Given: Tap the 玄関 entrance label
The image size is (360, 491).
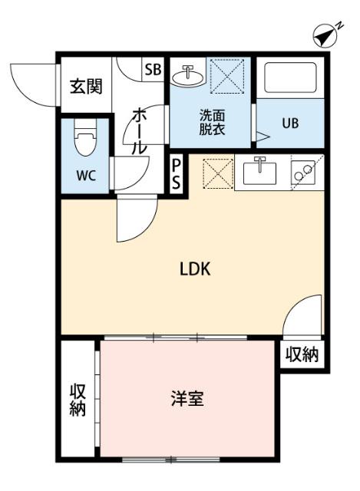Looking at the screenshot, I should tap(86, 87).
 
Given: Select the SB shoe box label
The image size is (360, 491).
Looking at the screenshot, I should tap(152, 69).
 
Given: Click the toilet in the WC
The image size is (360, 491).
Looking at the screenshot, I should tap(84, 141).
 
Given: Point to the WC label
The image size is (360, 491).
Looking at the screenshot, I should tap(85, 174).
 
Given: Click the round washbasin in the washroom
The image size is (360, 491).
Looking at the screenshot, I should tap(187, 75).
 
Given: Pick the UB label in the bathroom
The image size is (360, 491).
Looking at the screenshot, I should tap(289, 123).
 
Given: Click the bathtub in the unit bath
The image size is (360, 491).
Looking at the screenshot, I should tap(290, 79).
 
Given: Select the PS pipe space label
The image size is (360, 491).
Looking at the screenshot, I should tap(177, 174).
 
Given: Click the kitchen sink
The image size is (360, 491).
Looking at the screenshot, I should tap(261, 173).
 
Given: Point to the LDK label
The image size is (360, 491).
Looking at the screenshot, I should tap(195, 269).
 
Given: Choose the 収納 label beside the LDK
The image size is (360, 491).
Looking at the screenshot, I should tap(302, 354).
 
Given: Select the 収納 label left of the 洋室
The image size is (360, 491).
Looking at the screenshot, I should tap(77, 399).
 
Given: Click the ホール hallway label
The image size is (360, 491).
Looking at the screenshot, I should tap(140, 130).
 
